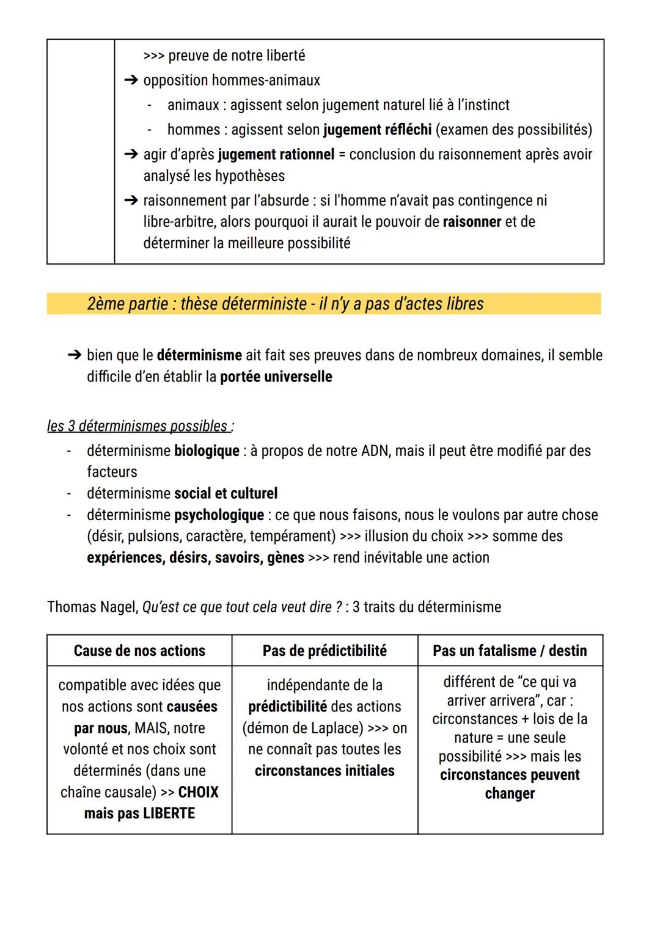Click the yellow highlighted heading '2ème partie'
(285, 304)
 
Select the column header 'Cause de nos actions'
(139, 650)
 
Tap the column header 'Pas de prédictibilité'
(324, 650)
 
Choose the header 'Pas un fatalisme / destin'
(510, 650)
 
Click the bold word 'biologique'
(207, 451)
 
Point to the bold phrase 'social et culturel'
(226, 493)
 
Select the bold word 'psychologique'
(219, 515)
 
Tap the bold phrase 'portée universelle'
(276, 376)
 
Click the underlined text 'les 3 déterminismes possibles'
(137, 426)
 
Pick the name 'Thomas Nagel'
(92, 607)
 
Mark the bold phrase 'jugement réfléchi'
(377, 130)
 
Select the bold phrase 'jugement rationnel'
(276, 155)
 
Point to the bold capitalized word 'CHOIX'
(198, 792)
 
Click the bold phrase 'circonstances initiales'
(324, 771)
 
